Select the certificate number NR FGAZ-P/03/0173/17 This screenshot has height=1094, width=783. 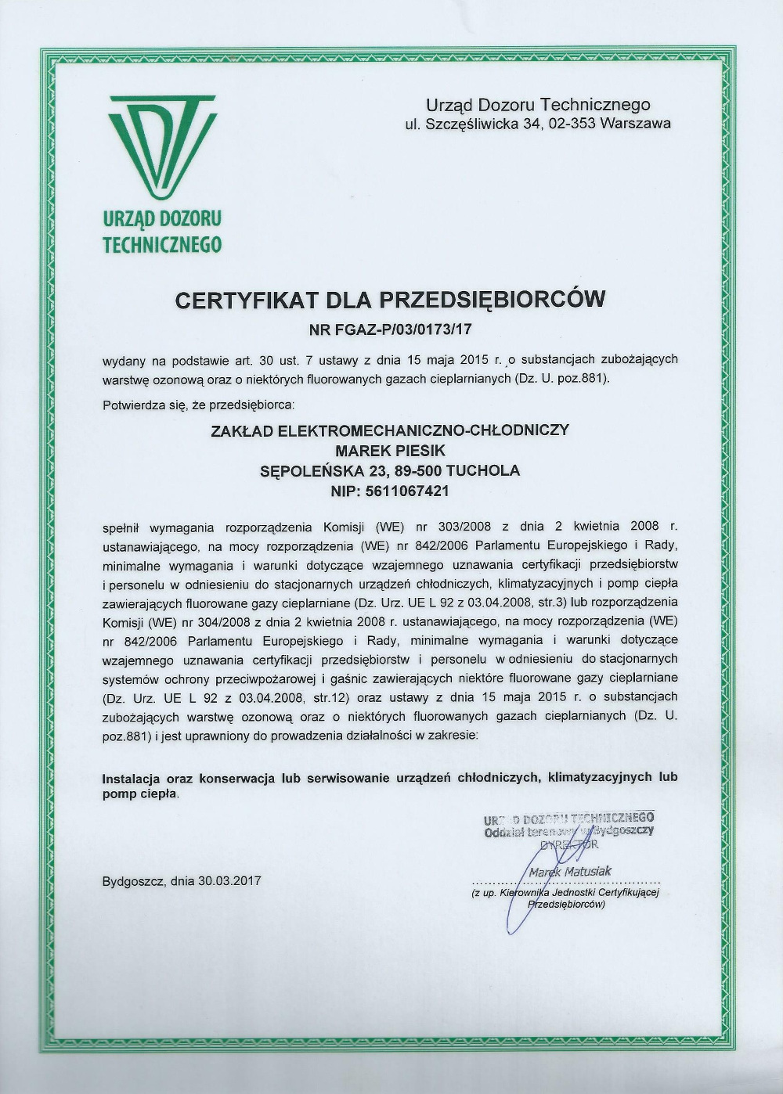[x=391, y=329]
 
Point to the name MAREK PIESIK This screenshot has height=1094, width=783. [x=389, y=450]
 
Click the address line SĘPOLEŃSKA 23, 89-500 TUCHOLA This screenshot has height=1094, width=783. [x=389, y=470]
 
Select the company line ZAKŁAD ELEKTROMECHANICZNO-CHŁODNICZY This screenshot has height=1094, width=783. [x=389, y=430]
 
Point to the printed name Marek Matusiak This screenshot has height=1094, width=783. [x=569, y=871]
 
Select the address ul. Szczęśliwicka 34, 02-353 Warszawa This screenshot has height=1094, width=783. [x=537, y=124]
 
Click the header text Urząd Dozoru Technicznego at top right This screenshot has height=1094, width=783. [x=537, y=104]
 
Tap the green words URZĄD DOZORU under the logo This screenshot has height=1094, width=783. [x=162, y=219]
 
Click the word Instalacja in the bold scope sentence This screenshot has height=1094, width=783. [x=132, y=778]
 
